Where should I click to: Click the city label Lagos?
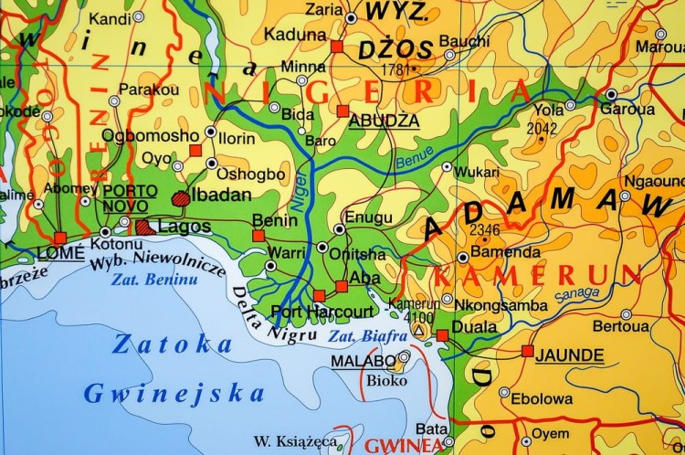click(x=184, y=227)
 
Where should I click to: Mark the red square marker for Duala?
click(x=442, y=336)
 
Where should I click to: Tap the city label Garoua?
click(x=627, y=109)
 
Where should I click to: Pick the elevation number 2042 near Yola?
click(x=542, y=130)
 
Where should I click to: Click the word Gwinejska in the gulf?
click(x=174, y=394)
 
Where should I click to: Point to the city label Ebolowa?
click(x=542, y=398)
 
